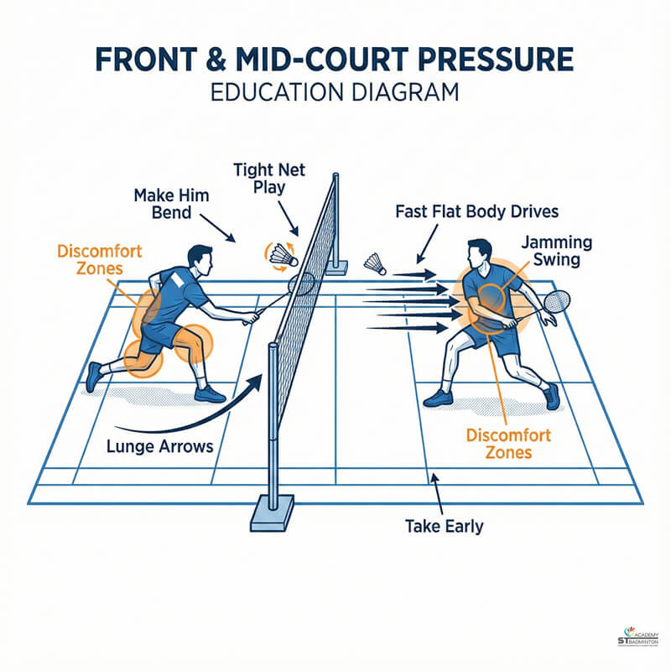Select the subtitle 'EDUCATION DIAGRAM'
(x=335, y=92)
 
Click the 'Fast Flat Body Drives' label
(x=476, y=211)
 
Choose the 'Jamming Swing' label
(x=557, y=251)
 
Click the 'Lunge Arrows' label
(x=160, y=446)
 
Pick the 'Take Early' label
(x=444, y=527)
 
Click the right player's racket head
(x=558, y=300)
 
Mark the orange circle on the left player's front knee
(x=195, y=341)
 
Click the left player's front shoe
(x=209, y=393)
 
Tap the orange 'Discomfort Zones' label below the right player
(x=508, y=445)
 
